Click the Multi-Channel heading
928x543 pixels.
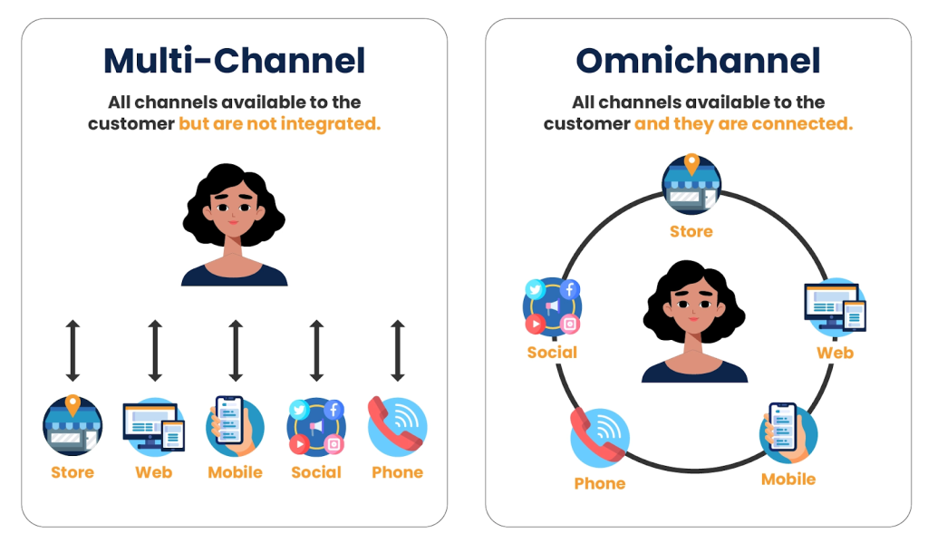234,61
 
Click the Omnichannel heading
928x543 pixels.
698,61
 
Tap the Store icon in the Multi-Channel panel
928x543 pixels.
72,426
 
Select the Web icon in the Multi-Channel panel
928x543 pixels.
153,426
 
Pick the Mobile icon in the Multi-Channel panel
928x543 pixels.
235,426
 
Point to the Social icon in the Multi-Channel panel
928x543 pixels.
316,426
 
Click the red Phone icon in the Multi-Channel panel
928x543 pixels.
397,425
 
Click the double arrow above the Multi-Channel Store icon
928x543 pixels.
72,350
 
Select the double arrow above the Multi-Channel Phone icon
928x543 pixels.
397,350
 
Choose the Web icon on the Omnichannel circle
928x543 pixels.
835,307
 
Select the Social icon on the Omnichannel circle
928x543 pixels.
552,306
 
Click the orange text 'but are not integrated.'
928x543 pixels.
279,123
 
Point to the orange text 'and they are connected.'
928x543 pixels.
743,123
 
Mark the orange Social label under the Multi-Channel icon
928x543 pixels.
316,472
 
